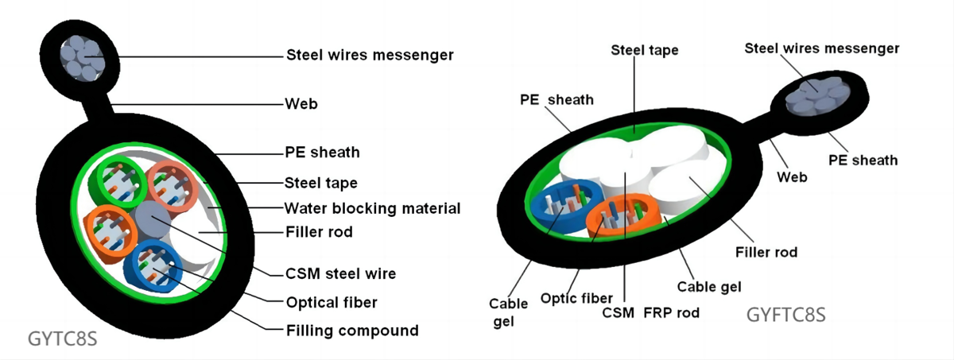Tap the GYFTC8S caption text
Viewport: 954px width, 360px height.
[x=785, y=315]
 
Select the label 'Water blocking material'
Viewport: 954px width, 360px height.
[x=372, y=208]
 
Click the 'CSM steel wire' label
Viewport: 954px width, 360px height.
[x=340, y=274]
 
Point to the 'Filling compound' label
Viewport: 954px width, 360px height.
[x=352, y=329]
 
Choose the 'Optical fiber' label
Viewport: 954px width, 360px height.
[x=331, y=302]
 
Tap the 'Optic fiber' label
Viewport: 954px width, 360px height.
[x=576, y=298]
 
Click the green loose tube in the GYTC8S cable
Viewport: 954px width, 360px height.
[x=114, y=180]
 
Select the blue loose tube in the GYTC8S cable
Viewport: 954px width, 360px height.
[x=157, y=264]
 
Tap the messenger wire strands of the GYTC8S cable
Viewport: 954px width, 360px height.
[x=81, y=54]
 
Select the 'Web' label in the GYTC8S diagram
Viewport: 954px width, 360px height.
[x=296, y=103]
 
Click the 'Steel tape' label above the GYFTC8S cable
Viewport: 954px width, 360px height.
[x=644, y=50]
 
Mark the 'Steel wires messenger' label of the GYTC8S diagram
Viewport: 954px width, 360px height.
[x=369, y=55]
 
